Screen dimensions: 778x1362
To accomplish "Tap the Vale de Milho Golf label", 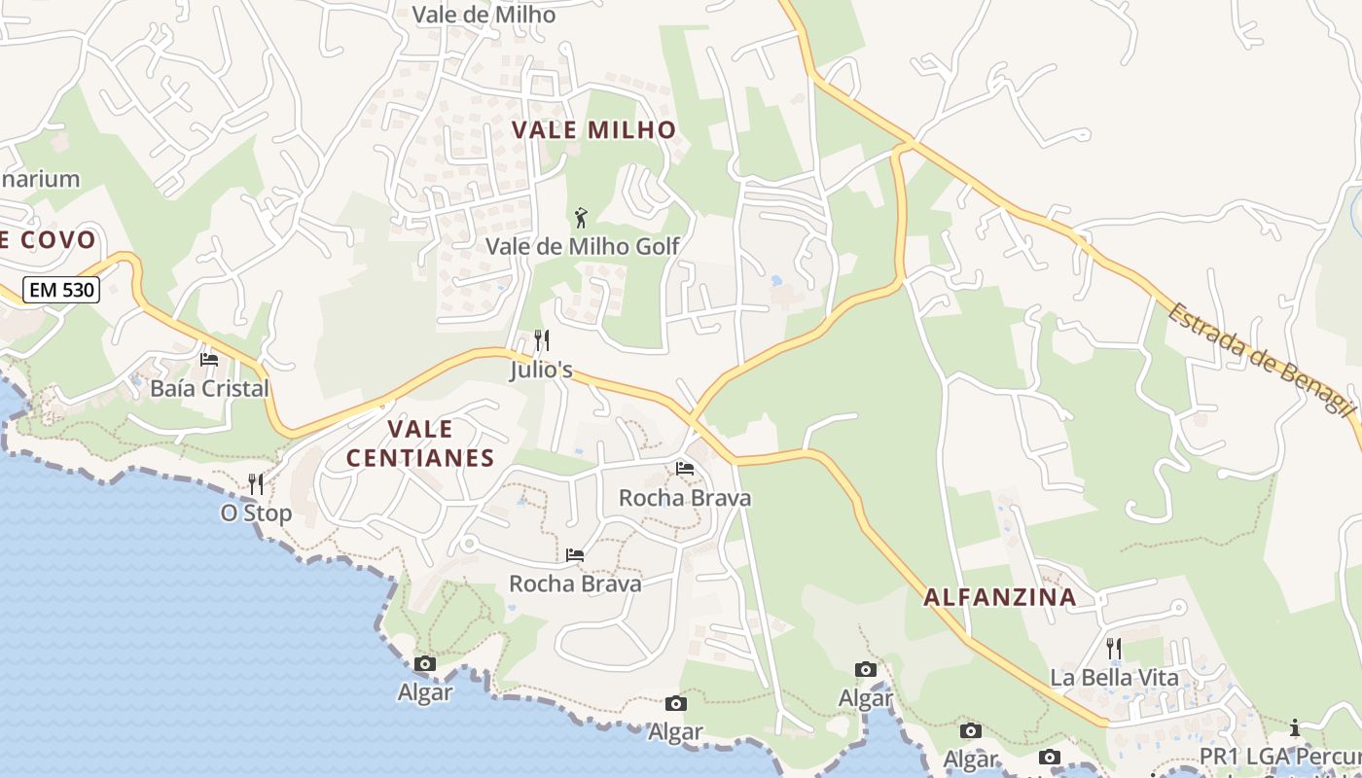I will (x=582, y=246).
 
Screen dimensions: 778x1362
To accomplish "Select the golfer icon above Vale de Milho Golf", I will (x=582, y=217).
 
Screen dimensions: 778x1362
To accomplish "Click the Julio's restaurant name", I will (x=541, y=371).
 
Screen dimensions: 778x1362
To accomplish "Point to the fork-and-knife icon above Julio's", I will (x=542, y=340).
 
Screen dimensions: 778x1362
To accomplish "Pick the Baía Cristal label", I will (x=209, y=388).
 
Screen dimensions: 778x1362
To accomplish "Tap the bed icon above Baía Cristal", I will (x=209, y=359).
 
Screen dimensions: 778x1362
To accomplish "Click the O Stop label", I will (x=256, y=513).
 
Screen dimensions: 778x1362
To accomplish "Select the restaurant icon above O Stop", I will (x=256, y=483).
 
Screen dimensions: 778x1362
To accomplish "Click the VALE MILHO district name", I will (x=593, y=129).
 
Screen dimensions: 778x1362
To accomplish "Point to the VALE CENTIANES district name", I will (x=420, y=443).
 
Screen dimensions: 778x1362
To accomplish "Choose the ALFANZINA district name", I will (x=1000, y=597).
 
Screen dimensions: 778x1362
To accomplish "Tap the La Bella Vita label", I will (x=1114, y=678).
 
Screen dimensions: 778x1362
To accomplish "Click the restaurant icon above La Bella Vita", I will (x=1114, y=648).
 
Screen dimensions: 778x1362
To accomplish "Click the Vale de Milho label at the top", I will (x=484, y=15).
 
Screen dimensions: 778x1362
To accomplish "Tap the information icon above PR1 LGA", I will (x=1295, y=727).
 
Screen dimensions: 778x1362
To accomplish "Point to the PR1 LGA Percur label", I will (x=1279, y=757).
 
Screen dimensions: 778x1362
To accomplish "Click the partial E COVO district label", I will (x=49, y=239).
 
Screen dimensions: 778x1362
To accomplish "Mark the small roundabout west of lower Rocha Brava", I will (x=468, y=544).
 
